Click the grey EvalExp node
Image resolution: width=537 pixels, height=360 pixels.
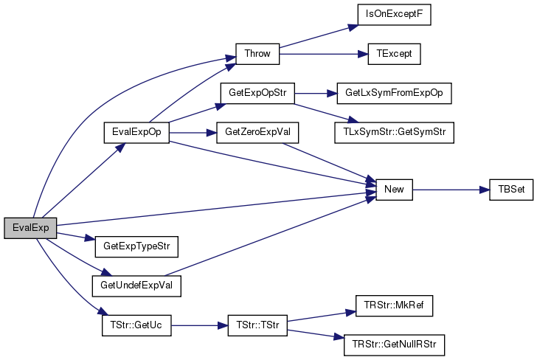click(30, 228)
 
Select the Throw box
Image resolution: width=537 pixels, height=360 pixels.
click(257, 54)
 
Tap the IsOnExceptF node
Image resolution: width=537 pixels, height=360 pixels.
click(394, 15)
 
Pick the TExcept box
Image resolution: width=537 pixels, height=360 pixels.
click(394, 54)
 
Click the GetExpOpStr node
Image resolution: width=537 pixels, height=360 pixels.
click(257, 93)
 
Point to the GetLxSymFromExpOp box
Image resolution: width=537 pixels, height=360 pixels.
click(394, 93)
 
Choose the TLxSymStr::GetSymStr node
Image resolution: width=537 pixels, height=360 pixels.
click(394, 133)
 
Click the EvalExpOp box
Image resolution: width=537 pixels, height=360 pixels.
click(136, 133)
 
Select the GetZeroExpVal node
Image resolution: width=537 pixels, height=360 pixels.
click(257, 133)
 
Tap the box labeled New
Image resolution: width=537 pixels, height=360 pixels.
click(394, 190)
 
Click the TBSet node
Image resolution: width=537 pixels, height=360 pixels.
click(511, 190)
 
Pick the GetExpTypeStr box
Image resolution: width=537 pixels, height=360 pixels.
click(136, 246)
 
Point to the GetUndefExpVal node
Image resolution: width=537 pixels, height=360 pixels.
click(136, 286)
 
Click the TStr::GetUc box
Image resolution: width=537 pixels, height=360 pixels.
click(136, 325)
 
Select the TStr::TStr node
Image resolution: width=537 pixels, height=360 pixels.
click(257, 325)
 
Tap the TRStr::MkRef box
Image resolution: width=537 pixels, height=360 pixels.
click(394, 305)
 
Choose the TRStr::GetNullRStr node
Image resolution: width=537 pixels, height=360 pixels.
click(394, 345)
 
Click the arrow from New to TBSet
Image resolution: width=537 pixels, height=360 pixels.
click(451, 190)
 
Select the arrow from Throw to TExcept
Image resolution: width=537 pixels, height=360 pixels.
click(324, 54)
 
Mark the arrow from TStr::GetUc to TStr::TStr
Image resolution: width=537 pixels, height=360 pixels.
click(200, 325)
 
